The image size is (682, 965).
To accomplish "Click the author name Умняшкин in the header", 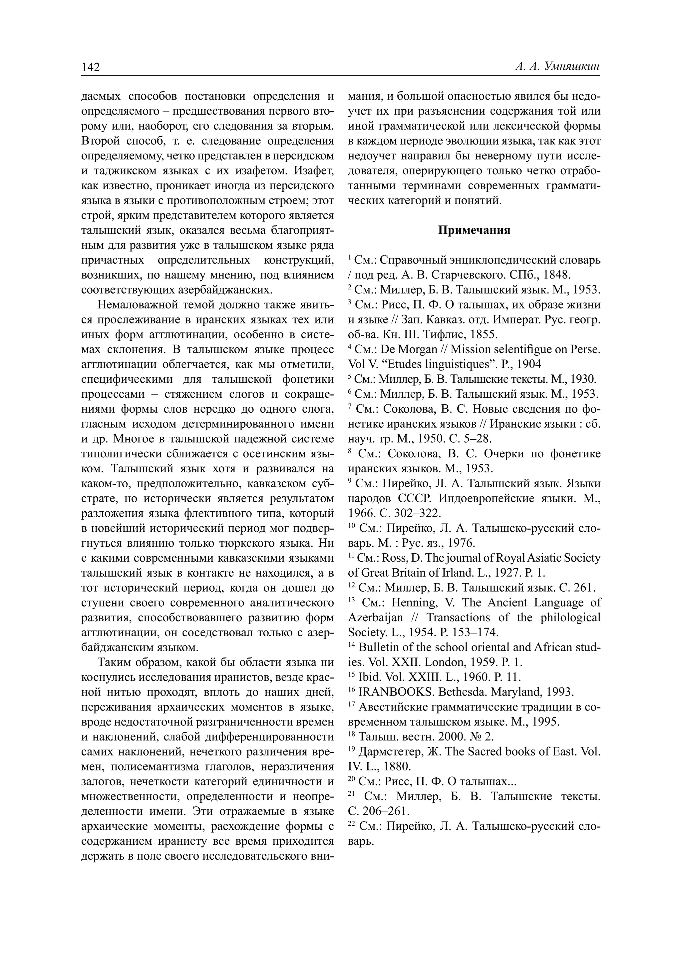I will (x=571, y=67).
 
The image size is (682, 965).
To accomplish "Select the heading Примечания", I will (x=474, y=230).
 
